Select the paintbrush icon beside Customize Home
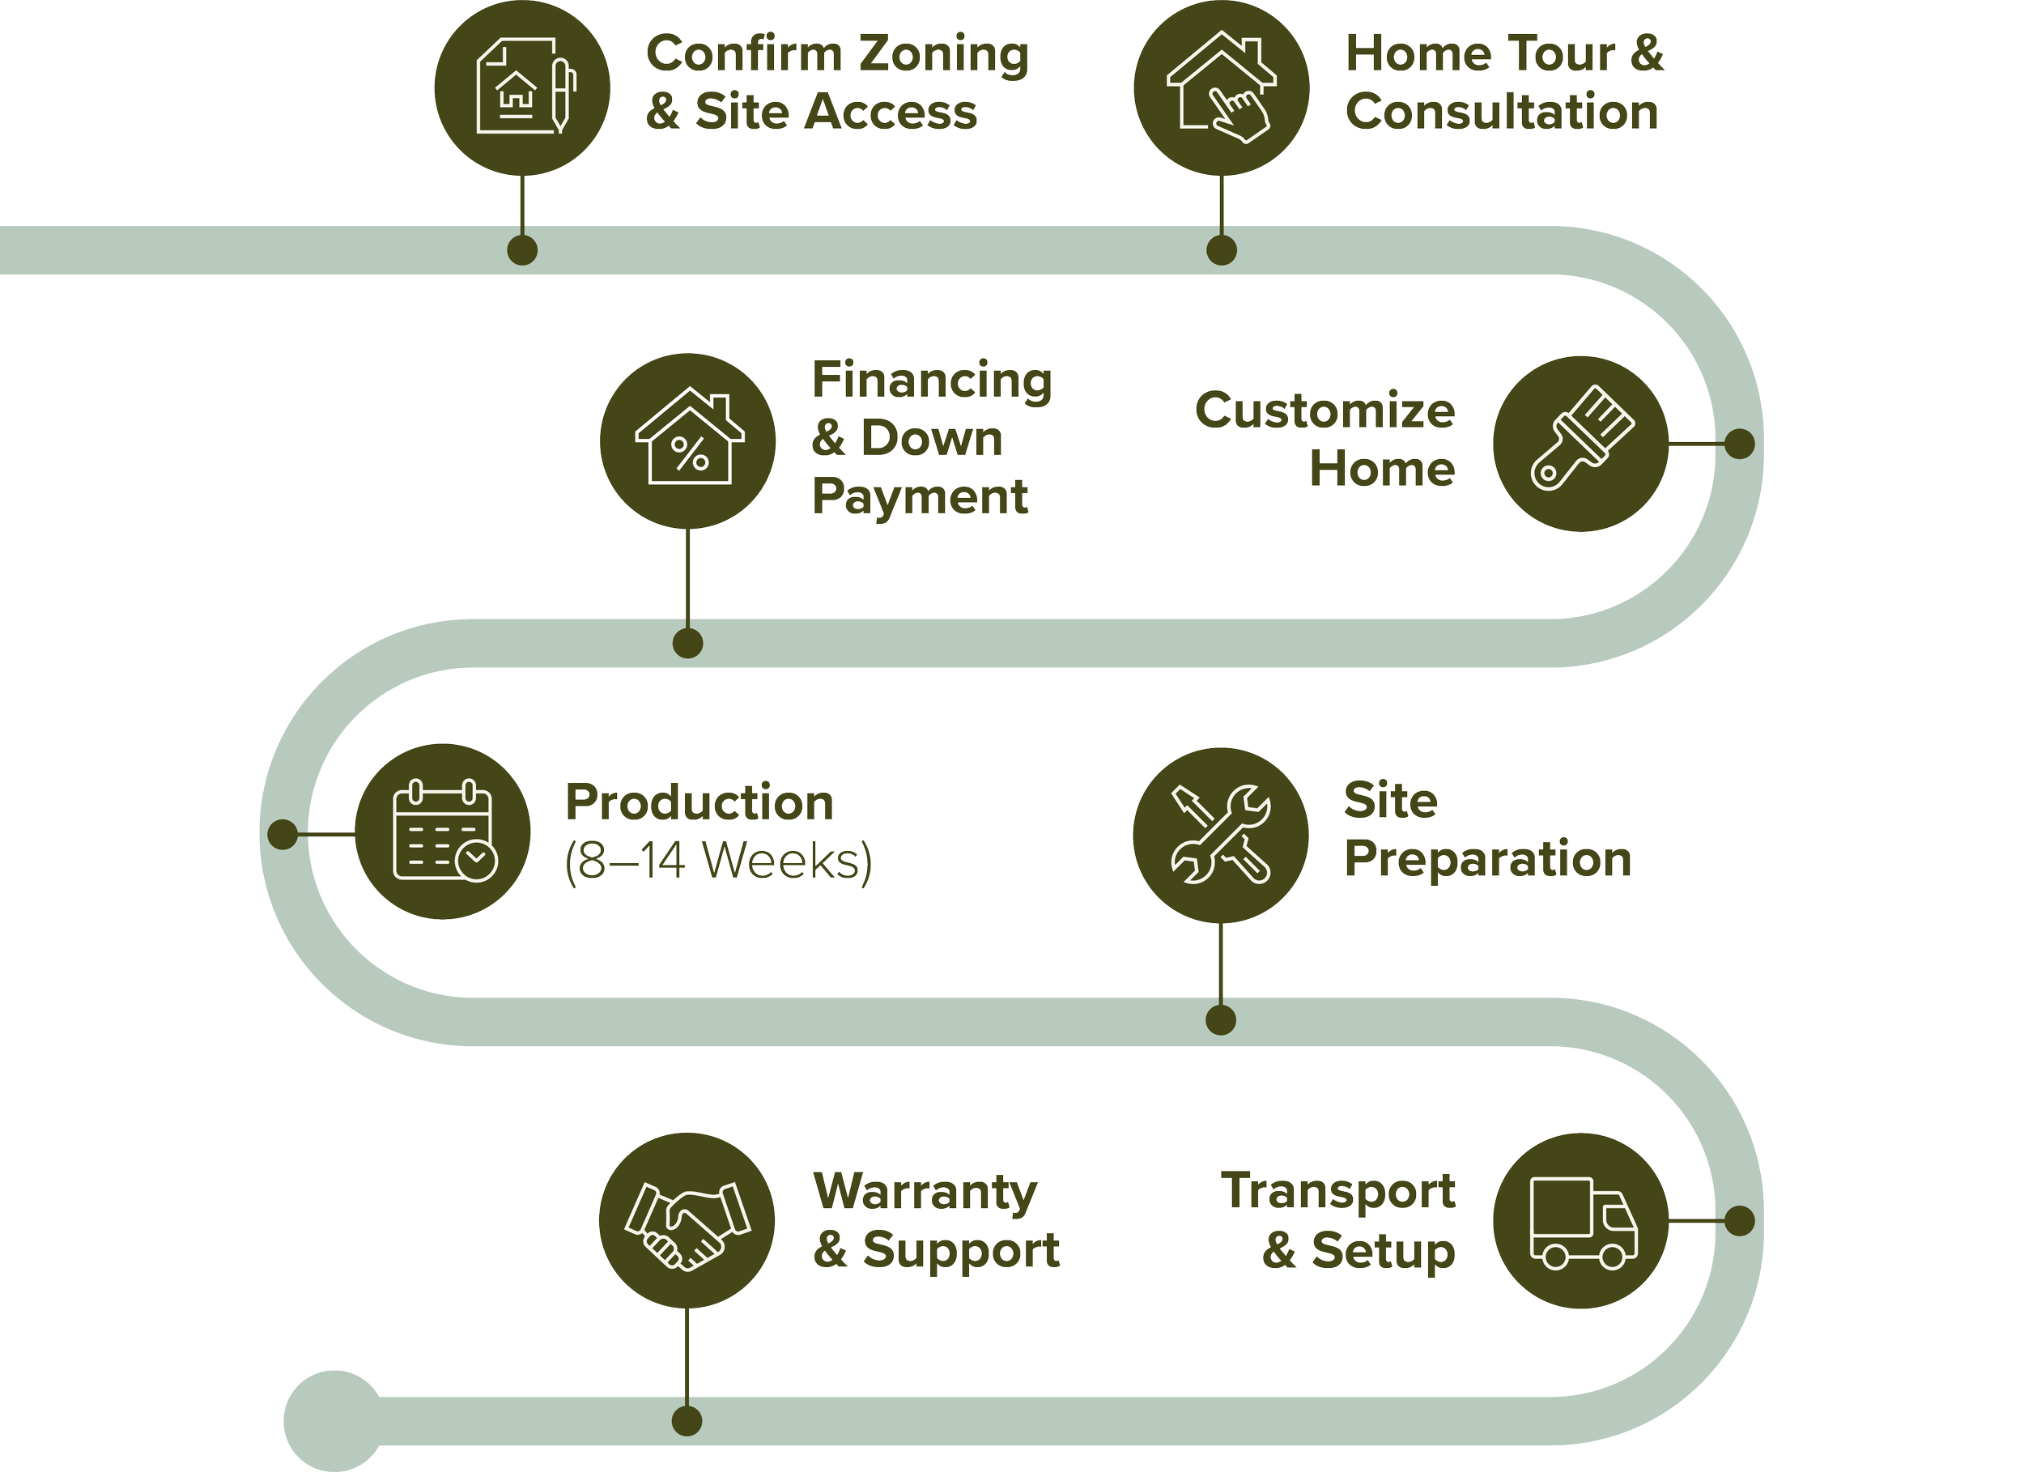click(1580, 444)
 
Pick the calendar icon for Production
click(443, 831)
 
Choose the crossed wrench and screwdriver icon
click(1220, 835)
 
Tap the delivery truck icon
click(1580, 1220)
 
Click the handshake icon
click(687, 1220)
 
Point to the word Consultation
click(1502, 113)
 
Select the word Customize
click(1325, 411)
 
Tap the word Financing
click(932, 381)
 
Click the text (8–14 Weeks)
click(718, 861)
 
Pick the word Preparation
click(1488, 859)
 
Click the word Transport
click(1338, 1192)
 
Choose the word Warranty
click(925, 1192)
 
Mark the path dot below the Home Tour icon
click(1221, 250)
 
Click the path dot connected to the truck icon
click(1739, 1220)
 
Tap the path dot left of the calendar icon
click(283, 835)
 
